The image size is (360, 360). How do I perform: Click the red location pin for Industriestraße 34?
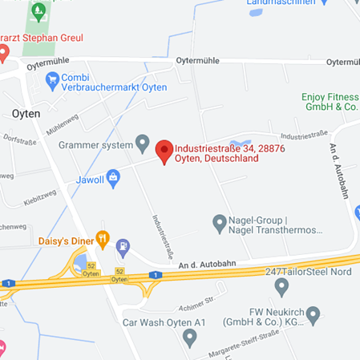coord(164,149)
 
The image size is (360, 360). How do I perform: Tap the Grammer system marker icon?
coord(143,144)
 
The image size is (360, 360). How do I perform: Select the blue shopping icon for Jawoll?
coord(113,176)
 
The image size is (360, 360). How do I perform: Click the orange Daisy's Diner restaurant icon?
coord(102,237)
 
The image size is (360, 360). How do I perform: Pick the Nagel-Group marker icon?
coord(219,220)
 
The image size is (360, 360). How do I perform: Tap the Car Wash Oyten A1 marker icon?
coord(189,337)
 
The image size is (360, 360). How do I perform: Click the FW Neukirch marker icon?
coord(313,313)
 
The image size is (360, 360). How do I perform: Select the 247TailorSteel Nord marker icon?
coord(281,285)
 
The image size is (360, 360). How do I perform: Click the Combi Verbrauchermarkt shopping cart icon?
coord(53,79)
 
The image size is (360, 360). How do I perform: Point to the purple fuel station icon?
coord(123,246)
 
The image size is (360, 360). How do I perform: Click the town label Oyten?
coord(26,114)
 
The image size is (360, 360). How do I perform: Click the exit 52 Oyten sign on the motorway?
coord(119,275)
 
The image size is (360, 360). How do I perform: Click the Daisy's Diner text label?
coord(63,240)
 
